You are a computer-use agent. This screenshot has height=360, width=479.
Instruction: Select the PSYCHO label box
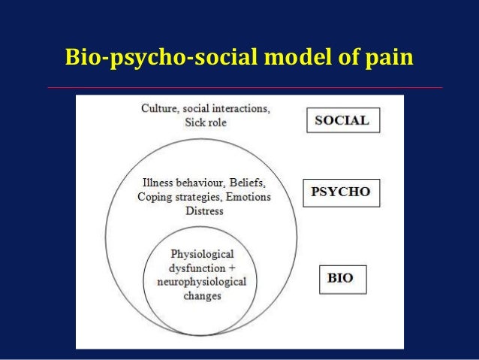(x=341, y=192)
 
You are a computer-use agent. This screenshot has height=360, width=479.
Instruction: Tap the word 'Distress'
(x=203, y=211)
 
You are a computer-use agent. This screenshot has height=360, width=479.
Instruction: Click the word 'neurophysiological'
(x=203, y=281)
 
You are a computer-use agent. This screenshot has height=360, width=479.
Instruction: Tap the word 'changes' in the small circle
(x=202, y=295)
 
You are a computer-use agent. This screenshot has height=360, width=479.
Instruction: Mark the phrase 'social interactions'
(x=231, y=109)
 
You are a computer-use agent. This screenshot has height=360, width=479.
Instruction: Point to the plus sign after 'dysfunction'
(x=233, y=267)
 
